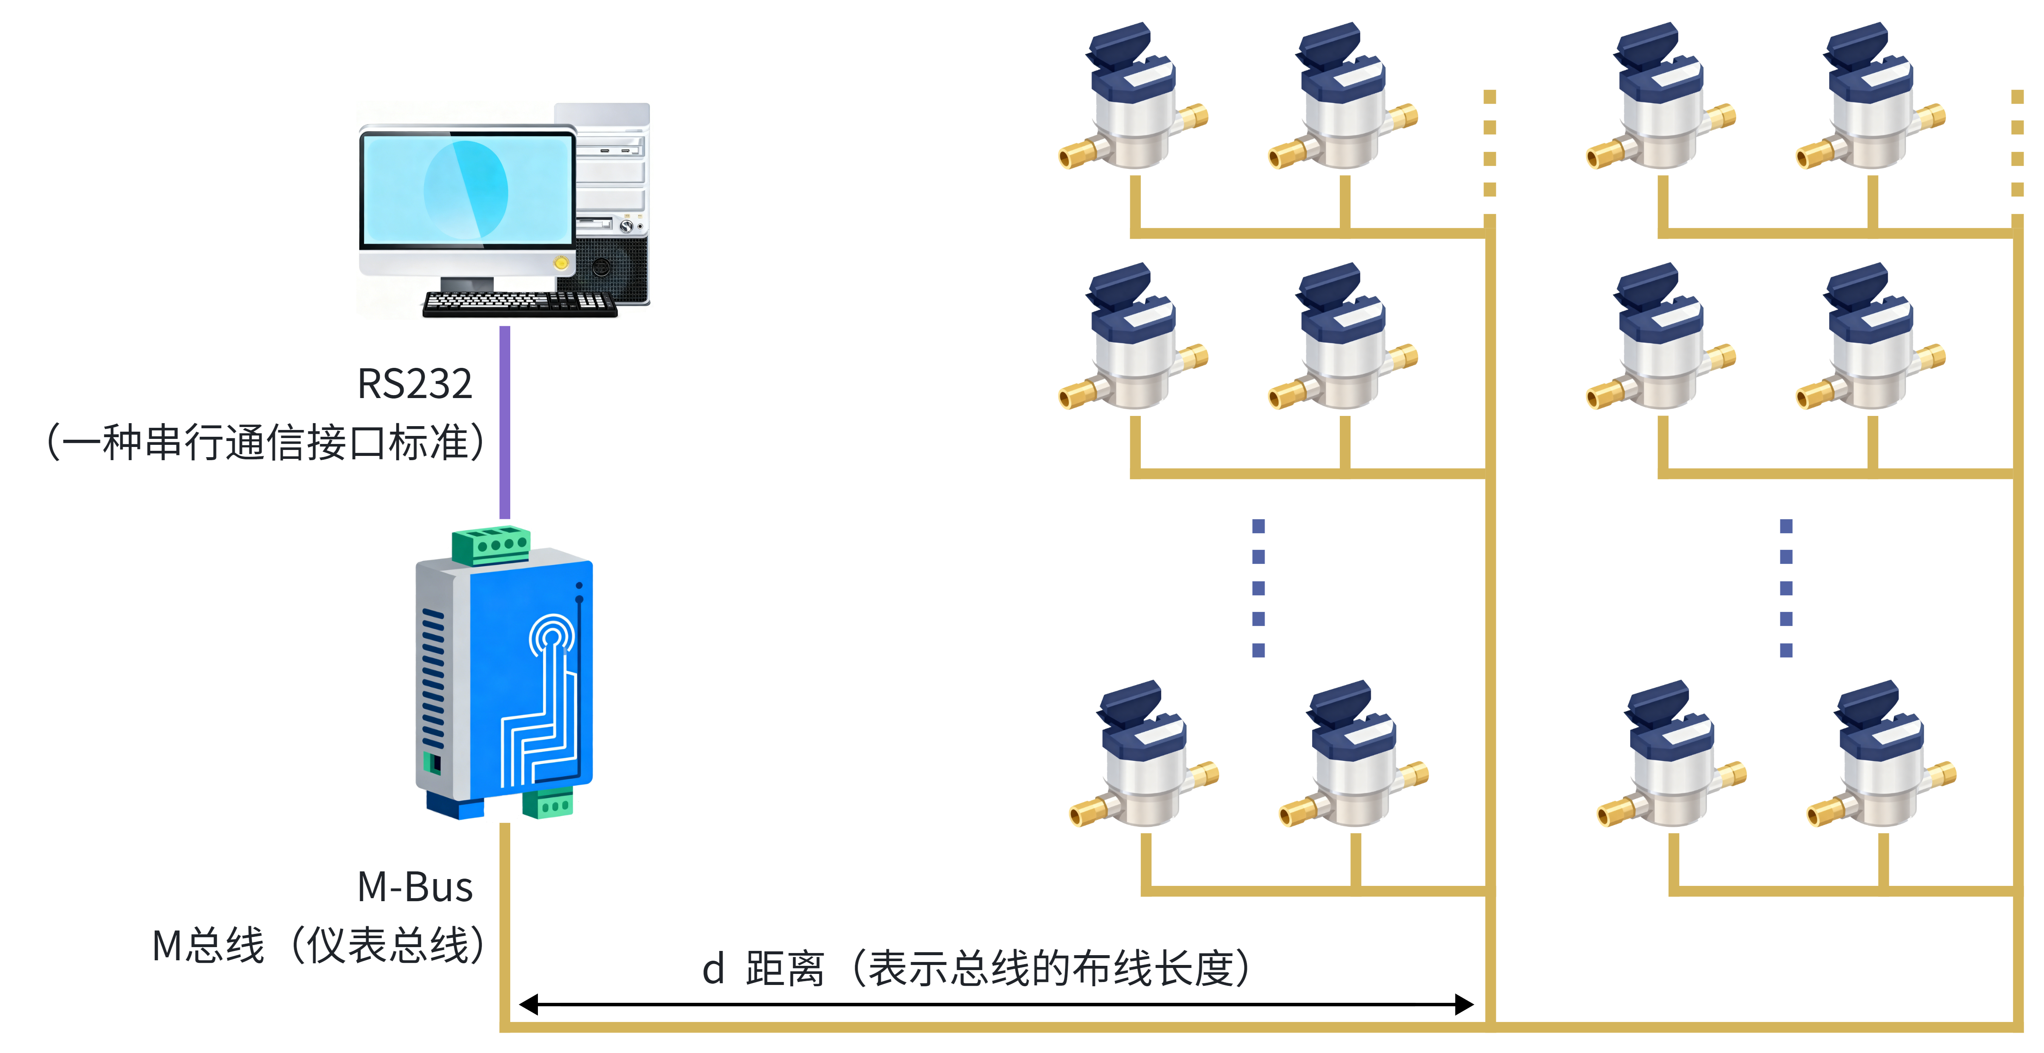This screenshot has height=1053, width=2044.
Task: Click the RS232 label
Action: pyautogui.click(x=415, y=384)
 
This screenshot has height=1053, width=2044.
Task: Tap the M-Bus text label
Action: pyautogui.click(x=415, y=886)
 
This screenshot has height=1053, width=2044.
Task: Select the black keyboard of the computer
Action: pyautogui.click(x=520, y=304)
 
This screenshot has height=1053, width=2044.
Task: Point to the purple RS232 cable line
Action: pyautogui.click(x=505, y=422)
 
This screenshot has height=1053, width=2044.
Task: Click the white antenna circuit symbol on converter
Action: pyautogui.click(x=548, y=698)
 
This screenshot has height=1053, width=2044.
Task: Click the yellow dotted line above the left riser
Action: pyautogui.click(x=1490, y=151)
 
